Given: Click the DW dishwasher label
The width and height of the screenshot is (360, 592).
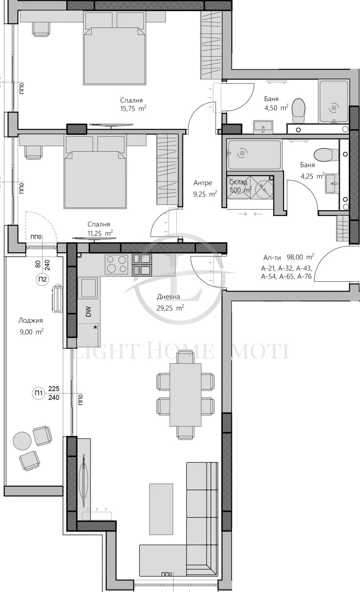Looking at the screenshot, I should [88, 311].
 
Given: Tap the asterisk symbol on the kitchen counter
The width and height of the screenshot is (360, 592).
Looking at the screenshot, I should [95, 327].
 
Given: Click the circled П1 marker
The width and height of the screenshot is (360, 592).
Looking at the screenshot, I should [38, 393].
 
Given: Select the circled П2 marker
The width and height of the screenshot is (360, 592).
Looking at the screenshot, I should [42, 279].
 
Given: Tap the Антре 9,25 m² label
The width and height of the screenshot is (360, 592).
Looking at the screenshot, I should [204, 189].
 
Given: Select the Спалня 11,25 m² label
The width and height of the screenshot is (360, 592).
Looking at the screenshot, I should [100, 229].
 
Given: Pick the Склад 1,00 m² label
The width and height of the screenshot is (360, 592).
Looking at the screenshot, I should [239, 186].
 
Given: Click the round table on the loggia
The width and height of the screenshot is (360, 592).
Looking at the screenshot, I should [22, 441].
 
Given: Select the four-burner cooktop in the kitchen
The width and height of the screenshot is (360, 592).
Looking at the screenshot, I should [117, 264].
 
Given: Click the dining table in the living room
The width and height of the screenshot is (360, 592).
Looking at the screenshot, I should [185, 395].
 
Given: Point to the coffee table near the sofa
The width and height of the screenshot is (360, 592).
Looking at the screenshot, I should [161, 509].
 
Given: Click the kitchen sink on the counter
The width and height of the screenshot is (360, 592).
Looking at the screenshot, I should [89, 288].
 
